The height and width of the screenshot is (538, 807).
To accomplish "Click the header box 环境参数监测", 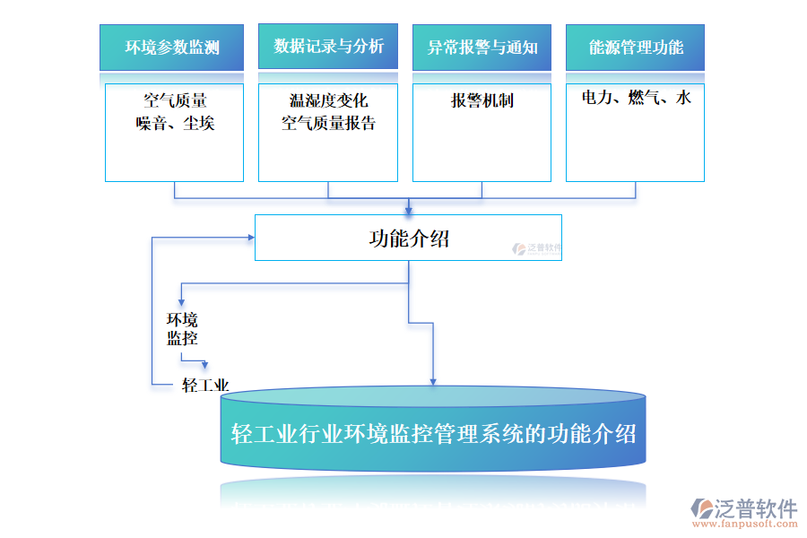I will point(171,48).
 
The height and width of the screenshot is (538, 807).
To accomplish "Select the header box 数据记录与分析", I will point(328,47).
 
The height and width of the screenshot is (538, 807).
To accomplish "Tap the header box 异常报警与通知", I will point(482,48).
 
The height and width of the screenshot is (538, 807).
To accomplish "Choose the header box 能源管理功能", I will point(635,48).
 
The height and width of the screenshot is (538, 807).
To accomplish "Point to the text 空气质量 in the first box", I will point(175,100).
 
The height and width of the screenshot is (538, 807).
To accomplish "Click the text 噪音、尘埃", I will point(175,124).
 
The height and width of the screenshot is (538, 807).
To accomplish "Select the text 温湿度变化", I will point(328,100).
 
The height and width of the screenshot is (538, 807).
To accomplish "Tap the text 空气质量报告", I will point(328,124).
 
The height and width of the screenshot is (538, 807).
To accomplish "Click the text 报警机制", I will point(482,100).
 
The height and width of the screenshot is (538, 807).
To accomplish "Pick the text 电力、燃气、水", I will point(636,98).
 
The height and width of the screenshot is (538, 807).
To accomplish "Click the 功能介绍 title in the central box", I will point(409,239).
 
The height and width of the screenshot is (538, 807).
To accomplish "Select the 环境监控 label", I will point(182,329).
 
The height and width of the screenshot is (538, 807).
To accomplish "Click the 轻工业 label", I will point(205,386).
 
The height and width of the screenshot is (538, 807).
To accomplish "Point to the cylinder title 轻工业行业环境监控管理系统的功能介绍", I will point(433,434).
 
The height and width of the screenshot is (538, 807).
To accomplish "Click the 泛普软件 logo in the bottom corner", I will point(744,509).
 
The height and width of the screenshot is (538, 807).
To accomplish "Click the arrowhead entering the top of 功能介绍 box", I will point(409,211).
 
